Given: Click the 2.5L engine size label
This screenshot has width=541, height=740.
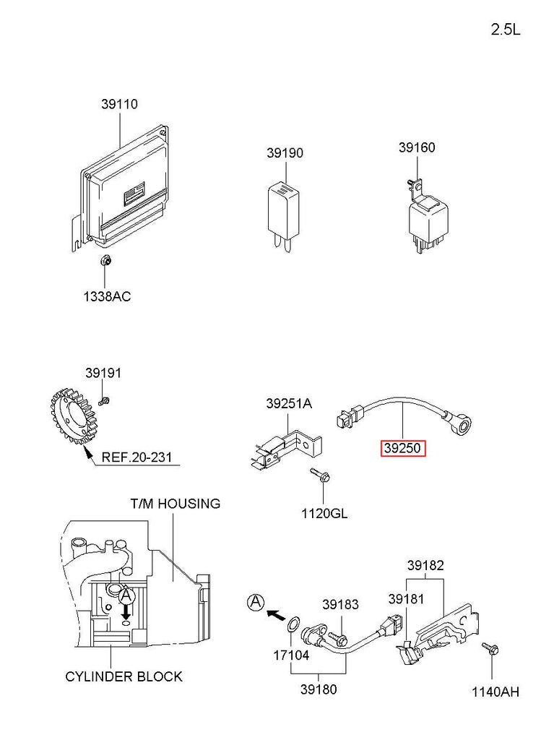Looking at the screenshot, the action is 505,30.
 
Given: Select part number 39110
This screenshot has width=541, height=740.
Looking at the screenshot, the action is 119,104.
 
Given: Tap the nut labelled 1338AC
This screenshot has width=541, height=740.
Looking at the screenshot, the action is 105,260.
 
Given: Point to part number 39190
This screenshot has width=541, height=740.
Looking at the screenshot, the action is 285,153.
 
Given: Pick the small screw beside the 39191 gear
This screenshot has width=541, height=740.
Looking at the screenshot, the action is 104,402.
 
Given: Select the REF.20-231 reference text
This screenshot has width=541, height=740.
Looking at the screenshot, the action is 137,457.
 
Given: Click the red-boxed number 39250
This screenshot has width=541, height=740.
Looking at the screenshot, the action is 403,448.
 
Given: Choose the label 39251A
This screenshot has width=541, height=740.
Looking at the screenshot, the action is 289,403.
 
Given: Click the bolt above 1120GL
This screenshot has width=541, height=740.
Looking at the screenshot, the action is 320,476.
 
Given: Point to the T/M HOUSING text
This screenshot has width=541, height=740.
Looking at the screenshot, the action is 175,504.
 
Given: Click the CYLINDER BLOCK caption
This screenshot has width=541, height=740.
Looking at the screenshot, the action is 124,676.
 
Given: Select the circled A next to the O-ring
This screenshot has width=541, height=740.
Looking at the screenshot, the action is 256,602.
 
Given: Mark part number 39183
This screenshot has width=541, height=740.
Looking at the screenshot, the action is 340,604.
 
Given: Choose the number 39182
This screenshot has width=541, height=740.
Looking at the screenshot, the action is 425,565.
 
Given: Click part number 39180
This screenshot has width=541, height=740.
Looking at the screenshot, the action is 319,689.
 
